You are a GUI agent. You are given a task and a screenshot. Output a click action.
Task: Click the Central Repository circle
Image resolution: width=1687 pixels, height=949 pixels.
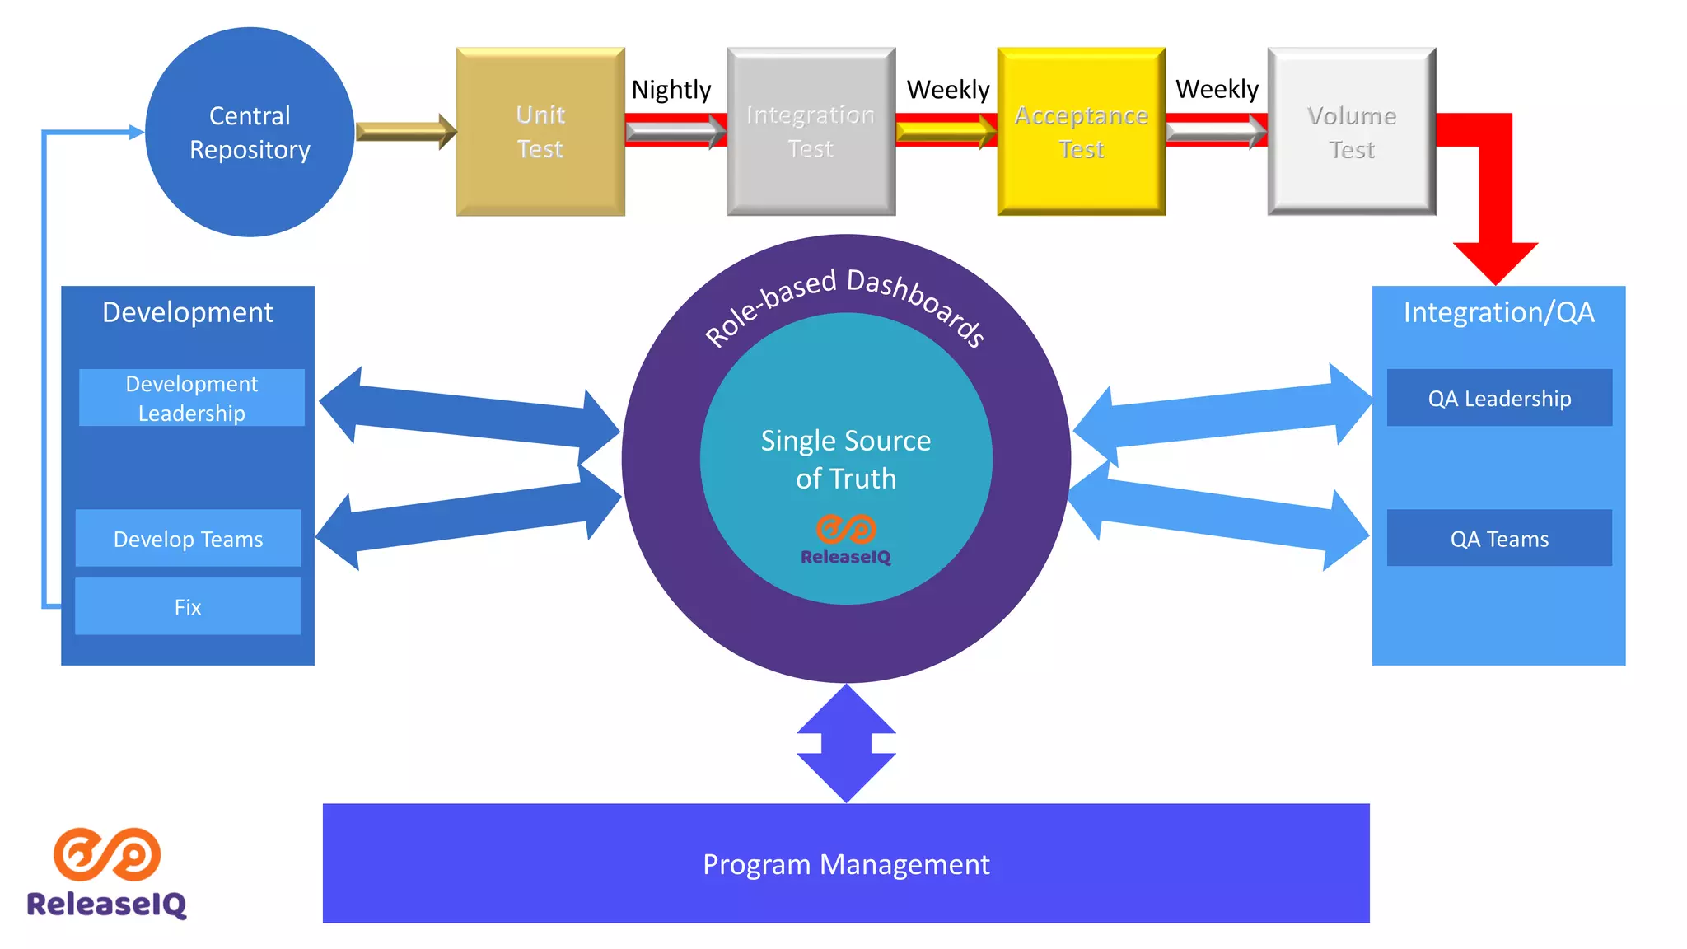click(x=250, y=132)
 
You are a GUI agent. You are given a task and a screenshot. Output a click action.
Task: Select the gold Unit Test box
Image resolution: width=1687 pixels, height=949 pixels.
click(x=540, y=132)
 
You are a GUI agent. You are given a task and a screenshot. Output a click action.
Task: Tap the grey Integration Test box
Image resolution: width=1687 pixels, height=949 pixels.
click(x=811, y=132)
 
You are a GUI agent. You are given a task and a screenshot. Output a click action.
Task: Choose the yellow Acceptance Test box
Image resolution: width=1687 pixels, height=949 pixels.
click(x=1081, y=132)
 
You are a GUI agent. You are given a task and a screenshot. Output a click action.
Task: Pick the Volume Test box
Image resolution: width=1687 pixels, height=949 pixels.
click(x=1351, y=132)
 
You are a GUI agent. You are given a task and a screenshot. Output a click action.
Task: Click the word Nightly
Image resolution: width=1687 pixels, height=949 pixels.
click(x=671, y=89)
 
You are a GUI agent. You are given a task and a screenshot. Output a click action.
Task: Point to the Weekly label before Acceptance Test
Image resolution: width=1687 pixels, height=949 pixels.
click(x=947, y=89)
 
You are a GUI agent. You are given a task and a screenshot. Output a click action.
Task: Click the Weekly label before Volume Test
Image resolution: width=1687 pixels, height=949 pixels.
click(x=1217, y=88)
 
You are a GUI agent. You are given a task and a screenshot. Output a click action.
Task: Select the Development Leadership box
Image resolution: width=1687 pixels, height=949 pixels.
click(x=191, y=398)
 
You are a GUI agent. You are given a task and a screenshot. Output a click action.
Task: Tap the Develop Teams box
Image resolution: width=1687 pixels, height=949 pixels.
click(x=188, y=539)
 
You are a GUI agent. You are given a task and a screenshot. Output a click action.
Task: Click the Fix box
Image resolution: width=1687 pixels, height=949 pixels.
click(x=188, y=606)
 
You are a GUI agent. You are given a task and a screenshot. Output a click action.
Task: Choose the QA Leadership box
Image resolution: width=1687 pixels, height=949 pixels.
click(x=1499, y=398)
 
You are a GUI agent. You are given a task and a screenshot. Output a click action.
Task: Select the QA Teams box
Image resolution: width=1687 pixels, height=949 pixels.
click(x=1499, y=539)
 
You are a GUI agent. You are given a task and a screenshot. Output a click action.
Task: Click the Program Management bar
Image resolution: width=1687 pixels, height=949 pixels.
click(x=846, y=863)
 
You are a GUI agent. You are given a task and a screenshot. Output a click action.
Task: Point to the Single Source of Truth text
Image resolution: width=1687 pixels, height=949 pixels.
click(x=846, y=459)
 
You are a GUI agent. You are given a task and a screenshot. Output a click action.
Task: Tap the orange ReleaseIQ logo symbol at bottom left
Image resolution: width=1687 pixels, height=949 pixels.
click(x=107, y=853)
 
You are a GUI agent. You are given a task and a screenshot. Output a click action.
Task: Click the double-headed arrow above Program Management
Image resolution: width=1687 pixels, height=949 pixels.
click(x=846, y=743)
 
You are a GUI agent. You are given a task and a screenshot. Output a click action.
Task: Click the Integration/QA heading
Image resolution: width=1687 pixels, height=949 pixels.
click(x=1498, y=312)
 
